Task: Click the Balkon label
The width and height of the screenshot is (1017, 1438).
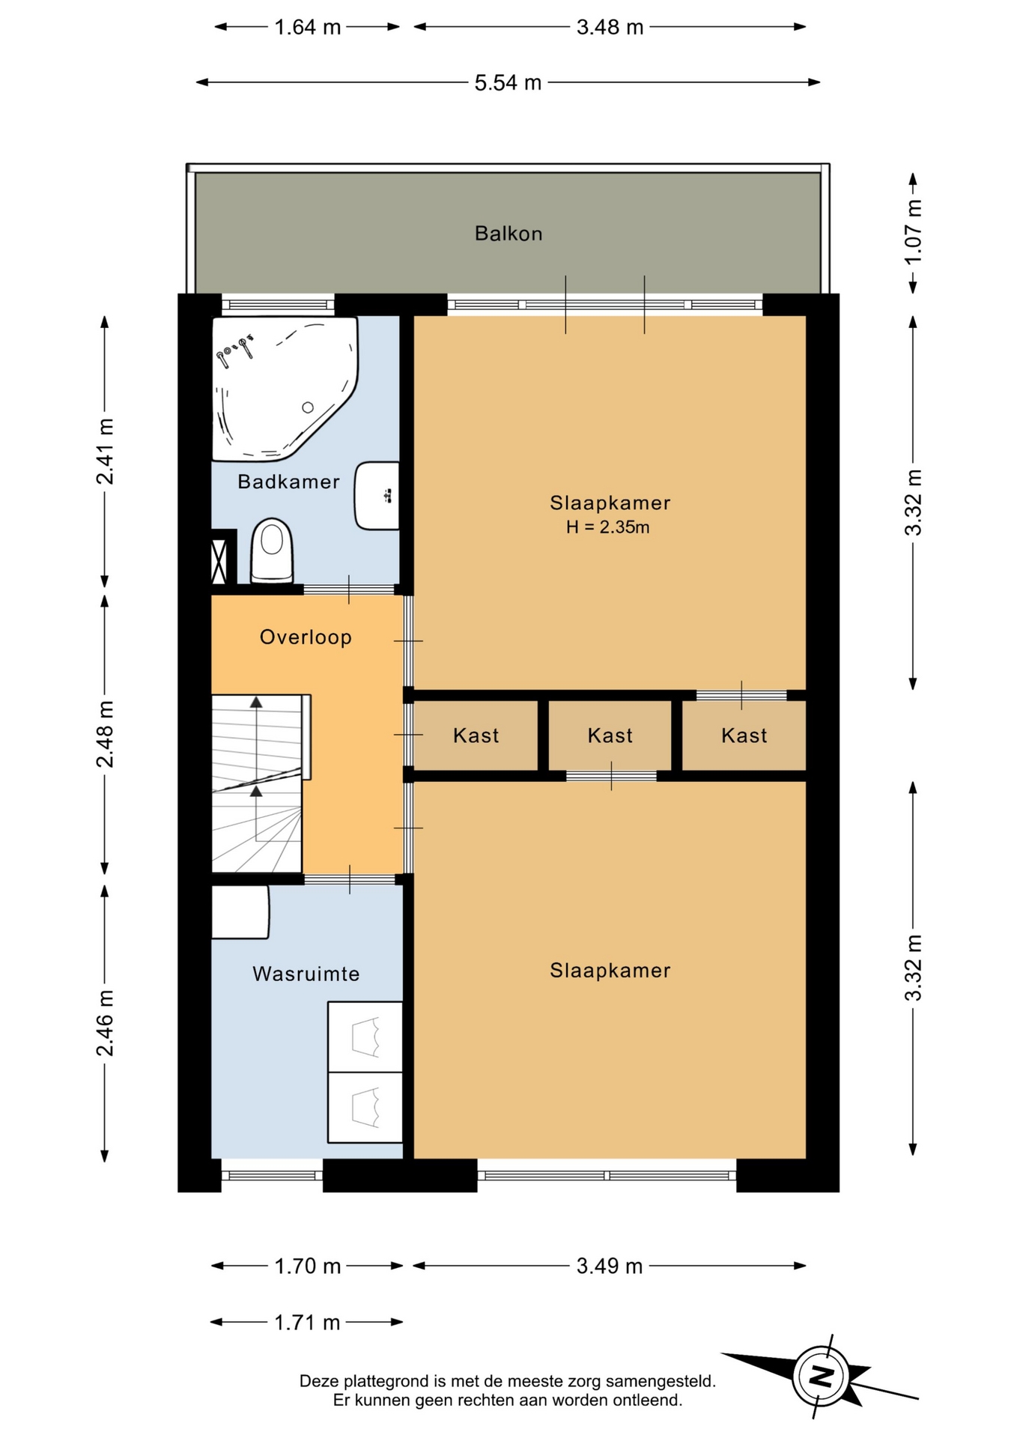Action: (508, 234)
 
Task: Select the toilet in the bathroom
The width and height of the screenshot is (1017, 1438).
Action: (271, 550)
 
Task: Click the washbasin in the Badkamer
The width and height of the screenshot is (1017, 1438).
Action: (377, 496)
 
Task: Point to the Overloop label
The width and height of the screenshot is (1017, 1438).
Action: (306, 637)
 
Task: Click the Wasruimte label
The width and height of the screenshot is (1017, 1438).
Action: (306, 974)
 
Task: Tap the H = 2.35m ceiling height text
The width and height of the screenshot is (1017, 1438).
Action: (607, 527)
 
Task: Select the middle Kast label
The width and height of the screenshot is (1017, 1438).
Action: (610, 735)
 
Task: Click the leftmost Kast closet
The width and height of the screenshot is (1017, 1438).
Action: (476, 735)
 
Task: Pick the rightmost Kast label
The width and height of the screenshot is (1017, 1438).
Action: (744, 735)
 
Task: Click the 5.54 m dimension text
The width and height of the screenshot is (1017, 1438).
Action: (508, 82)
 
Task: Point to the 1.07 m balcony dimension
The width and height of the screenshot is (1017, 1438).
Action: (913, 233)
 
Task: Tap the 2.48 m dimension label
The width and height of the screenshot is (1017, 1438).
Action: (105, 735)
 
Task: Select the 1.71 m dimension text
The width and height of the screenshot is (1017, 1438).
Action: (307, 1322)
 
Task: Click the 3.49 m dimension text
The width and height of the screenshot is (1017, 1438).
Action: (610, 1266)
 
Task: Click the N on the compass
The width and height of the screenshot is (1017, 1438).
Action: (822, 1376)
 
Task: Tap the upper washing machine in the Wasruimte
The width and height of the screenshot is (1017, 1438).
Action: (365, 1037)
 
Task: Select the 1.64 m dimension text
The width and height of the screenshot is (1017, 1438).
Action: (307, 28)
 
